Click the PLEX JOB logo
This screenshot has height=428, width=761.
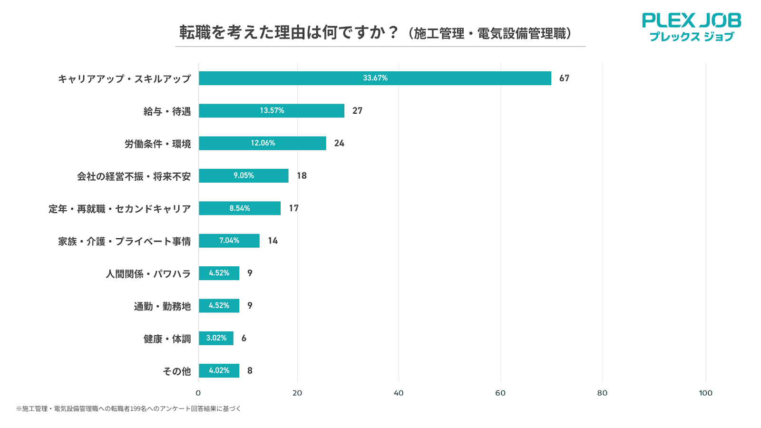(x=691, y=27)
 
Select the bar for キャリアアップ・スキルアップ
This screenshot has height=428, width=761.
(x=375, y=78)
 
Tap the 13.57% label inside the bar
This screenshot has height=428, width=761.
(x=272, y=110)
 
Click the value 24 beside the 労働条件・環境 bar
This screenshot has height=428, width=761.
(x=339, y=143)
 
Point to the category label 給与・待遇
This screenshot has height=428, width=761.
(x=167, y=111)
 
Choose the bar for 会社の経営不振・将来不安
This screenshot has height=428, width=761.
(x=244, y=175)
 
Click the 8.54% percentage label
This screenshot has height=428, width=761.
(x=240, y=208)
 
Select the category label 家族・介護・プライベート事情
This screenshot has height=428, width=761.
(x=124, y=241)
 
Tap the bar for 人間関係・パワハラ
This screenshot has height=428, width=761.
(x=219, y=273)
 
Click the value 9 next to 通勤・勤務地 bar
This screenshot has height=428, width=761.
(x=250, y=305)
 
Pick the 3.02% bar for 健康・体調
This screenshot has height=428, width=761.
(x=216, y=338)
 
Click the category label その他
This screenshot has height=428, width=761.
(x=176, y=371)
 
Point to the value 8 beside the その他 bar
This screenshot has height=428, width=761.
(x=250, y=370)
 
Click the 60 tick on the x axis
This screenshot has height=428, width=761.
(x=500, y=393)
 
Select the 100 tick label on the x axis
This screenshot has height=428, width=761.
(x=705, y=393)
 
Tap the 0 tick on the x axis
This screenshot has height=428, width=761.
(x=198, y=393)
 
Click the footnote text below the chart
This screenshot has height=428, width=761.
(x=128, y=409)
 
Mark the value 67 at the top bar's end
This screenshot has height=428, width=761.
(x=564, y=78)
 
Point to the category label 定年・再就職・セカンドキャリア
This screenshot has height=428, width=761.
(x=119, y=209)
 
